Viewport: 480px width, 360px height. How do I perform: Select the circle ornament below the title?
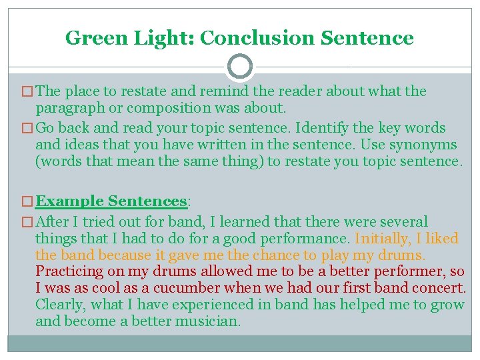(240, 67)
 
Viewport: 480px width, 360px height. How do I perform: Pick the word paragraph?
(67, 108)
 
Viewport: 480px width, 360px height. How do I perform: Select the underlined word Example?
(69, 201)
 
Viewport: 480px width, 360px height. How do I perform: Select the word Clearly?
(61, 305)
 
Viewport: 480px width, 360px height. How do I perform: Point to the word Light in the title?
(163, 38)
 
